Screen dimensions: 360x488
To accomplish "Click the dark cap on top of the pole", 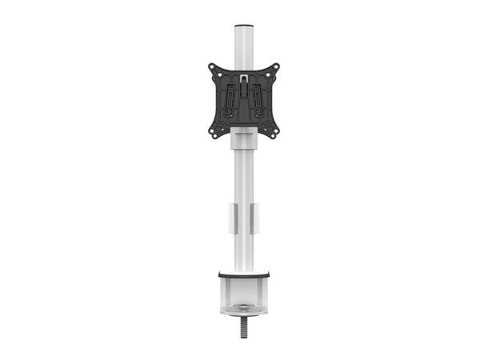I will coord(243,28).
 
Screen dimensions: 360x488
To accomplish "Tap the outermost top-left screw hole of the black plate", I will coord(211,67).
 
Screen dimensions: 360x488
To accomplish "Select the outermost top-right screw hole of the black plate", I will coord(276,67).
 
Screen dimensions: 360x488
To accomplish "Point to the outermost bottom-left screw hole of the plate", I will coord(211,131).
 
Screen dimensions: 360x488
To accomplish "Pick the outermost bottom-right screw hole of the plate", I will coord(276,131).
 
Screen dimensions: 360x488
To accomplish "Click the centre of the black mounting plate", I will coord(243,101).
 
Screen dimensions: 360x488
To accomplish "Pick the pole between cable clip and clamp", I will coord(243,252).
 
